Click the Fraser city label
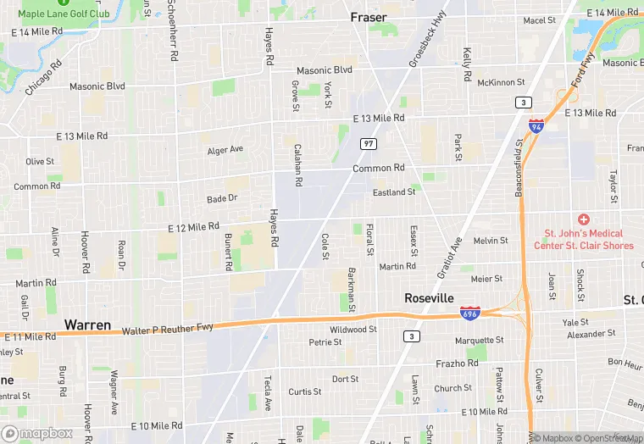pyautogui.click(x=368, y=17)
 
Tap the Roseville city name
pyautogui.click(x=429, y=298)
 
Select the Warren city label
pyautogui.click(x=87, y=325)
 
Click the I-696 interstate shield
pyautogui.click(x=469, y=314)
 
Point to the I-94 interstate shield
pyautogui.click(x=536, y=125)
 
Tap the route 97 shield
pyautogui.click(x=367, y=144)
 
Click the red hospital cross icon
pyautogui.click(x=584, y=219)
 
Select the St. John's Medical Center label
pyautogui.click(x=584, y=240)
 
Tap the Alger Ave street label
pyautogui.click(x=225, y=150)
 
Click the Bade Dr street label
pyautogui.click(x=222, y=198)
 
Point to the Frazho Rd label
pyautogui.click(x=457, y=363)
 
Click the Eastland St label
pyautogui.click(x=394, y=192)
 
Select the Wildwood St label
pyautogui.click(x=353, y=329)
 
